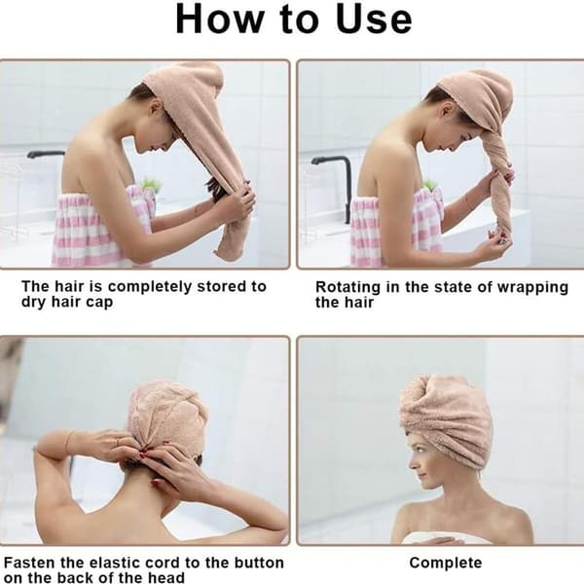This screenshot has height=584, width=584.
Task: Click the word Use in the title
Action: click(x=374, y=19)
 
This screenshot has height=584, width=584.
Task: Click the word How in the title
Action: click(x=219, y=19)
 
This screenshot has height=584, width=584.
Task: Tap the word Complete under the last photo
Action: click(x=446, y=563)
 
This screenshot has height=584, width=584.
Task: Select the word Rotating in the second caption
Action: click(x=347, y=287)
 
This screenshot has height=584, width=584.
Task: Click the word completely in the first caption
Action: click(x=150, y=287)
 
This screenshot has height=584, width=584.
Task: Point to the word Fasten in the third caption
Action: click(x=29, y=563)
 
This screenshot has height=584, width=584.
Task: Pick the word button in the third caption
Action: click(x=259, y=563)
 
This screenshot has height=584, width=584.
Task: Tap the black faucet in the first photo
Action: click(x=46, y=154)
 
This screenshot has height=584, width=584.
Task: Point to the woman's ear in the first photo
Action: click(x=157, y=108)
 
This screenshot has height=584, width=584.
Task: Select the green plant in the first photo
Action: click(x=151, y=185)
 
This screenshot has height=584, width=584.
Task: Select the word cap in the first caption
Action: click(x=99, y=303)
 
